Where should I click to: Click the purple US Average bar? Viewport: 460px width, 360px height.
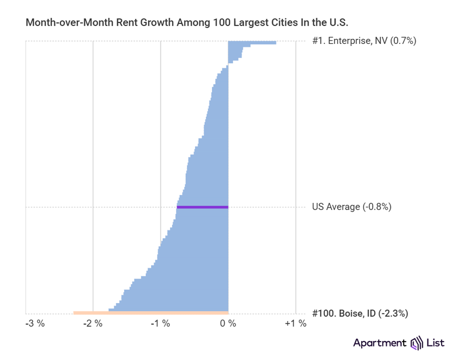coord(203,207)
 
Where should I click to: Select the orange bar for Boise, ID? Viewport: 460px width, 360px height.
coord(151,313)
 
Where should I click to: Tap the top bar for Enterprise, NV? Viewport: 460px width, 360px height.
coord(252,42)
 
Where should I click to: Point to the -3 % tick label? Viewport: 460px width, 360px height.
coord(36,324)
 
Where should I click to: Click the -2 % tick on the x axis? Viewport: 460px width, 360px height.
coord(93,324)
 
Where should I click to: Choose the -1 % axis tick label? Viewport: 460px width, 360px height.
coord(160,324)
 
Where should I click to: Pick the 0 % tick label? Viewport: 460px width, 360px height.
coord(228,324)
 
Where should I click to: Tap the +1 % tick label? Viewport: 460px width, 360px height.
coord(295,324)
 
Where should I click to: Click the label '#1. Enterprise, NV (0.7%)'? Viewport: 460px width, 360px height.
coord(364,41)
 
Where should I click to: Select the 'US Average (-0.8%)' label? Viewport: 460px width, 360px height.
coord(351,207)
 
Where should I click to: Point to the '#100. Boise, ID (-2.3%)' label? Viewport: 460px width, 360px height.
coord(360,313)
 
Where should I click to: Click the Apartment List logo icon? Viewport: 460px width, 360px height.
coord(416,343)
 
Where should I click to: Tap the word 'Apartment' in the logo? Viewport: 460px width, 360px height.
coord(380,343)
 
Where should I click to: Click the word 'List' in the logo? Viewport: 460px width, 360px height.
coord(436,343)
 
